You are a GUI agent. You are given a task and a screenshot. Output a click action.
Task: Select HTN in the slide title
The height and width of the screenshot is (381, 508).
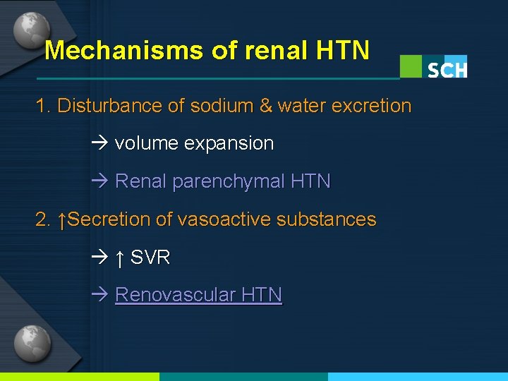[x=343, y=50]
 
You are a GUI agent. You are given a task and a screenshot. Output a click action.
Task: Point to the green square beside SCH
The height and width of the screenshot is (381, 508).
[x=411, y=66]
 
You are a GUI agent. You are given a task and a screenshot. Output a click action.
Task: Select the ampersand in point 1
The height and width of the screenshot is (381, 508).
[x=266, y=106]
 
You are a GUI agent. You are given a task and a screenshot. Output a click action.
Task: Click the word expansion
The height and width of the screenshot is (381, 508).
[x=229, y=144]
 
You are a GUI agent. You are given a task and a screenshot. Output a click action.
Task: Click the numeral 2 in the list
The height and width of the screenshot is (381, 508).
[x=41, y=219]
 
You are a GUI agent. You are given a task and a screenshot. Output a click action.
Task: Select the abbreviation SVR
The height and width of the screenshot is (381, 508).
[x=150, y=258]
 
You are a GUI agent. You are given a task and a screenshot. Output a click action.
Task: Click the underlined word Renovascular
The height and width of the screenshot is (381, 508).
[x=176, y=295]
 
